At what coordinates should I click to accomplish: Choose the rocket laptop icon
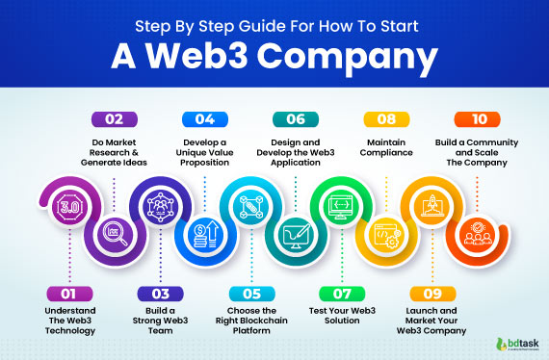(x=429, y=206)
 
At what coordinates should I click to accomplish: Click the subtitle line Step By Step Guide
(x=274, y=21)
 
